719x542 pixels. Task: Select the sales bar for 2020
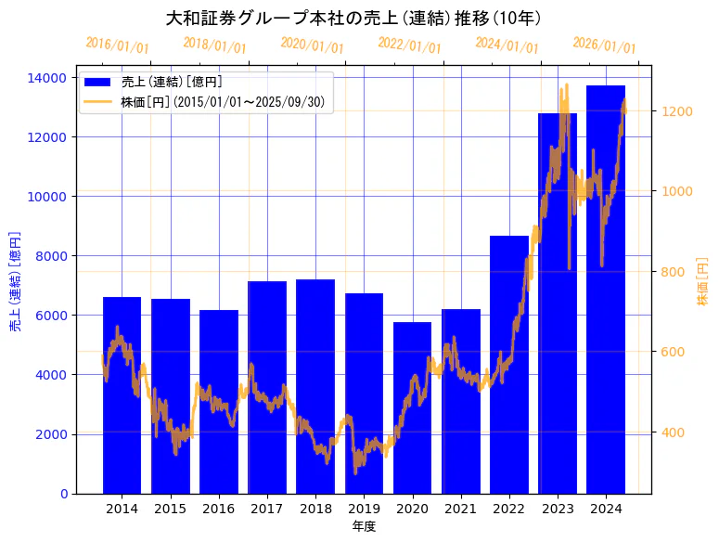412,407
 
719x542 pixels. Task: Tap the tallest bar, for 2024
606,289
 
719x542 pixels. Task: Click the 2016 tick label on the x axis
219,509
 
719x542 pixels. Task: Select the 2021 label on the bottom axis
461,509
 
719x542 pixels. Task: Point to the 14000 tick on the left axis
49,77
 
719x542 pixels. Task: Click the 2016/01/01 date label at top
117,45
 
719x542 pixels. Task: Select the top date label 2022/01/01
409,45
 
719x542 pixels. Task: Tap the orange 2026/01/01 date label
604,45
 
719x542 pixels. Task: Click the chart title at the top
353,19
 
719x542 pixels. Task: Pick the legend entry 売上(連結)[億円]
172,82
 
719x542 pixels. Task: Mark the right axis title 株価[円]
702,283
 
